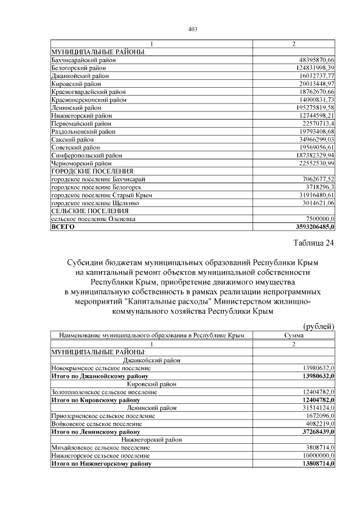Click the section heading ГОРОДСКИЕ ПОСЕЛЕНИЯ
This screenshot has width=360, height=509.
click(93, 171)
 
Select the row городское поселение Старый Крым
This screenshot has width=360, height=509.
click(101, 195)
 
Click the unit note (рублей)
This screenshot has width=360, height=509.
click(319, 326)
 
